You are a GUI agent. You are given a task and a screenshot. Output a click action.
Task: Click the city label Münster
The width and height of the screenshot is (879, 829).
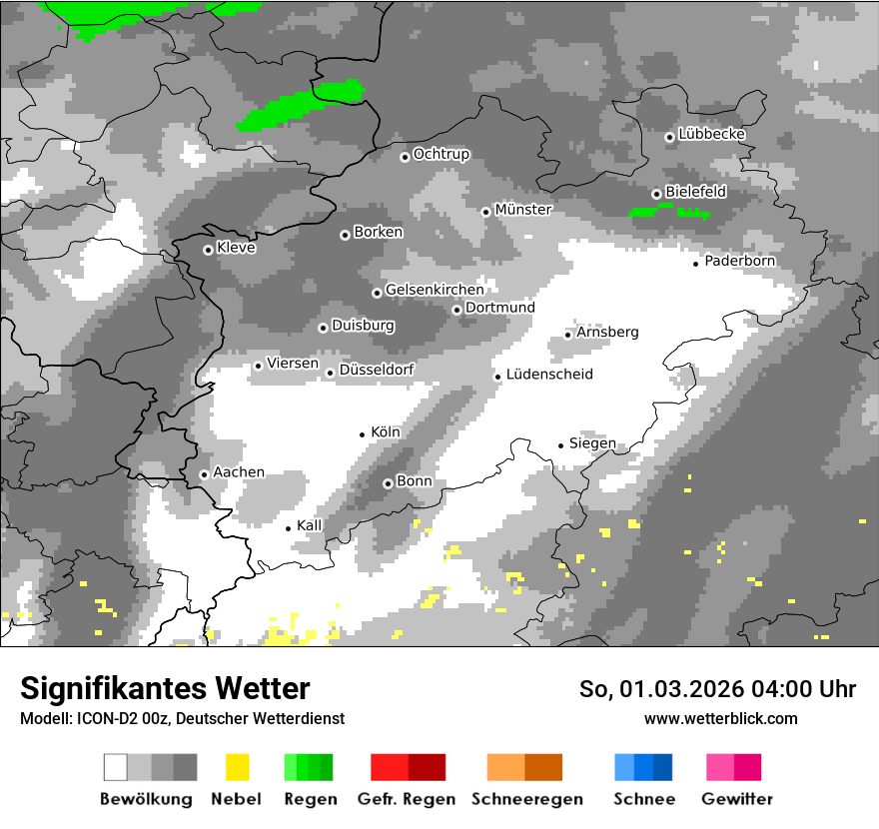tap(523, 210)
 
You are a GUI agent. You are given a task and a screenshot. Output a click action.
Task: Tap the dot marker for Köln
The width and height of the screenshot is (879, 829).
tap(363, 434)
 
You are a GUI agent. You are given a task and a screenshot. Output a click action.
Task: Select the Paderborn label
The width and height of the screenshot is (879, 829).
tap(740, 261)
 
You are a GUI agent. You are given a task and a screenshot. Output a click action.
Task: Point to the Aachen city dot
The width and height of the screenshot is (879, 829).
tap(204, 474)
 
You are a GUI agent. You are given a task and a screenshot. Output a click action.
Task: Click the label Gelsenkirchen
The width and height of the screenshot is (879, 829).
tap(435, 290)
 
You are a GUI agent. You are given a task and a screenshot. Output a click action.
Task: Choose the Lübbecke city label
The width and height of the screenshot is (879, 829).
tap(712, 134)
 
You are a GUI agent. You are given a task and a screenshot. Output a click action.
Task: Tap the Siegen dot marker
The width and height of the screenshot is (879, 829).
tap(561, 445)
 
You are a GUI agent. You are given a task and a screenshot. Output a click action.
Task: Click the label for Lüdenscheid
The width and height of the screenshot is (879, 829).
tap(549, 375)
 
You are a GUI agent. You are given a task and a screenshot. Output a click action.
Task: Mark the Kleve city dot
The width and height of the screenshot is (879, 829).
tap(208, 250)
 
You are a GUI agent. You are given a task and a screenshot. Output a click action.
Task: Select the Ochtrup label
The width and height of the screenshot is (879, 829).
tap(441, 154)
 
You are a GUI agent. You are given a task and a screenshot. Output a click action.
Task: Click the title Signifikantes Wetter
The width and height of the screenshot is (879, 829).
tap(165, 688)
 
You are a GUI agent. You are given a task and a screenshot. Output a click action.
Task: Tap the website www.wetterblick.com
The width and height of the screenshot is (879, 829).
tap(721, 718)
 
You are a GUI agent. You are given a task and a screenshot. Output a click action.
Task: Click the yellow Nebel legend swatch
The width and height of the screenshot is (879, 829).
tap(237, 767)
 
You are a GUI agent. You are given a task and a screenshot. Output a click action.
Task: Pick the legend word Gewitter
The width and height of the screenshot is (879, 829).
tap(737, 799)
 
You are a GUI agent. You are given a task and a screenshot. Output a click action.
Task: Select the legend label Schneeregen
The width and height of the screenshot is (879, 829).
tap(527, 799)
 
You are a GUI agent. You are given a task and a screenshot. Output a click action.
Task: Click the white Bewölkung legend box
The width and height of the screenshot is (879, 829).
tap(116, 767)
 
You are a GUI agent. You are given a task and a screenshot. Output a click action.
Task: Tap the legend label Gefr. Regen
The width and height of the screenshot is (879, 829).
tap(407, 799)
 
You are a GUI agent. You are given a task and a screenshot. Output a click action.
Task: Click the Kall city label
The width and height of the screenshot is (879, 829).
tap(310, 525)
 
